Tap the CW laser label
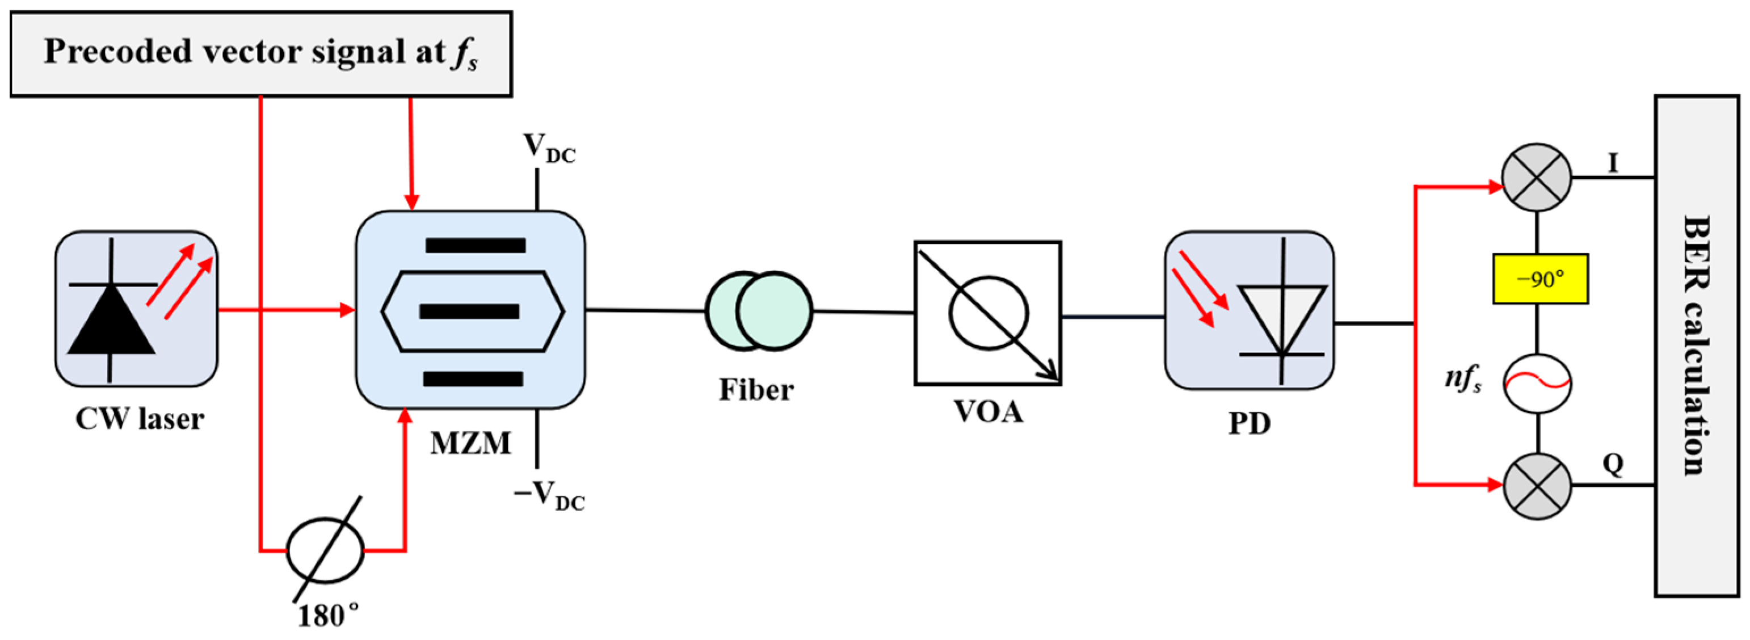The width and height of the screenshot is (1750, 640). (139, 419)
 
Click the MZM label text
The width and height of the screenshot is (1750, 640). (470, 443)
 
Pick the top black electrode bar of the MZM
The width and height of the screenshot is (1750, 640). (476, 246)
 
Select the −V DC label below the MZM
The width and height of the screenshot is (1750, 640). (549, 495)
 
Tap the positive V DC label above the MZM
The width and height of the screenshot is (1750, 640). (548, 148)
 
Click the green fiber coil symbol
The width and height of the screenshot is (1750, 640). (758, 311)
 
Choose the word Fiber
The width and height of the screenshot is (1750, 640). (756, 390)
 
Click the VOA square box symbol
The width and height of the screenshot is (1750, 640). (988, 313)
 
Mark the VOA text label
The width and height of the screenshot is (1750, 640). (988, 412)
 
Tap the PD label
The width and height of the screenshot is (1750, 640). (1250, 423)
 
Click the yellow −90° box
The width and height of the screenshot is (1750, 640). (1540, 279)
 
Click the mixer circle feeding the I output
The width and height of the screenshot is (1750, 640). (1537, 178)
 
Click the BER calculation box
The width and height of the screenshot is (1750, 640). (1696, 345)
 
